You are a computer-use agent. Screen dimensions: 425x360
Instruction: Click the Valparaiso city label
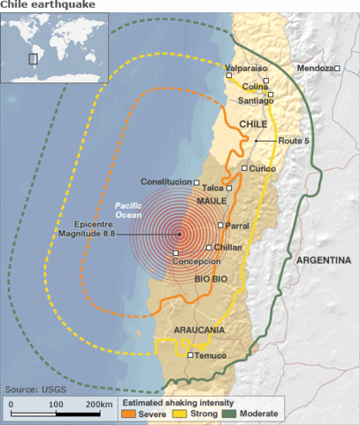pos(247,67)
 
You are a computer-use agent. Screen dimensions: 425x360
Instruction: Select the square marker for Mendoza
pos(338,68)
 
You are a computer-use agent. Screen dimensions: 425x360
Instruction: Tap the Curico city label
pos(264,168)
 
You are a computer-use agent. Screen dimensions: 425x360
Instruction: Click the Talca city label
pos(212,188)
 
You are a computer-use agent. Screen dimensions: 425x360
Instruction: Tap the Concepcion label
pos(196,262)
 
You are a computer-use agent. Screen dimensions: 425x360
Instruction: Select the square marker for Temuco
pos(190,355)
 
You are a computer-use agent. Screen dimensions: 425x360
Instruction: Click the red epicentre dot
pos(179,234)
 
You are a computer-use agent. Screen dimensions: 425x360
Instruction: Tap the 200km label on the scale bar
pos(100,404)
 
